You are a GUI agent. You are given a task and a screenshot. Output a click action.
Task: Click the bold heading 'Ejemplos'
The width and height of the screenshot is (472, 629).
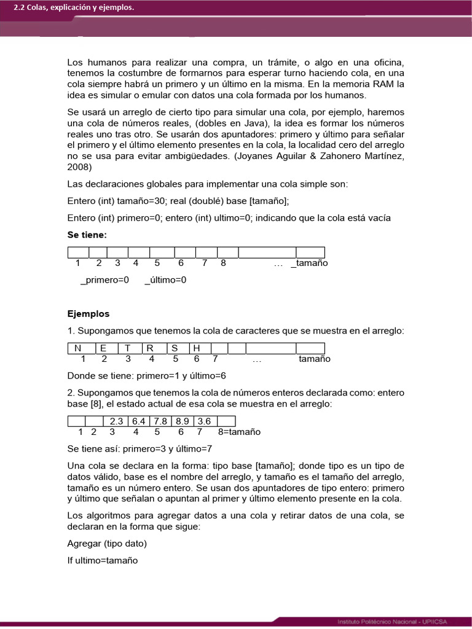[x=88, y=314]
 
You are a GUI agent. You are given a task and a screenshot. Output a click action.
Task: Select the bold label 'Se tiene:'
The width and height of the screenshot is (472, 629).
[x=87, y=235]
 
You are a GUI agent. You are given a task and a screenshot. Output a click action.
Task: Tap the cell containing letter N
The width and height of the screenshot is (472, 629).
[x=78, y=348]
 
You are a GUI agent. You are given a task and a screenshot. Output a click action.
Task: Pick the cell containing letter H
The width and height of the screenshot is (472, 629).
[x=197, y=348]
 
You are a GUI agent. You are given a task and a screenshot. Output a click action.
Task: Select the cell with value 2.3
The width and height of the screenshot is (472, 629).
[x=117, y=421]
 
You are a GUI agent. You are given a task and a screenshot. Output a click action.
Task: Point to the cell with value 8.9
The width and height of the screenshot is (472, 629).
[x=182, y=421]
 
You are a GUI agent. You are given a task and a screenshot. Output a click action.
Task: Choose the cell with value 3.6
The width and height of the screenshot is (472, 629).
[x=205, y=421]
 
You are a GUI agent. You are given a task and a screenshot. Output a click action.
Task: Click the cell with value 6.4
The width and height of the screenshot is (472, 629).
[x=139, y=421]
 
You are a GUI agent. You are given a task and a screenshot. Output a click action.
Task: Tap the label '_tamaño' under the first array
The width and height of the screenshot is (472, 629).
[x=309, y=263]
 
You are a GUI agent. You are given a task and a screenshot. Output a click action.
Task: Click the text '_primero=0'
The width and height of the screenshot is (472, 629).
[x=104, y=280]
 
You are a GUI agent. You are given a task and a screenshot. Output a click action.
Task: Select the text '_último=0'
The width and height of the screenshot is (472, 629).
[x=165, y=280]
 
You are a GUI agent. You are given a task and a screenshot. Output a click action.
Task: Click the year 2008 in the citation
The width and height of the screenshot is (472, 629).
[x=79, y=167]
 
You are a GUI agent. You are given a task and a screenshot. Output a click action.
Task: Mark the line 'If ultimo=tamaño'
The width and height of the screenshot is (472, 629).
[x=103, y=560]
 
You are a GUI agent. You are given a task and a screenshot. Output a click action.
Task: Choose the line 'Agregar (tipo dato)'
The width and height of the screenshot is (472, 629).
[x=107, y=544]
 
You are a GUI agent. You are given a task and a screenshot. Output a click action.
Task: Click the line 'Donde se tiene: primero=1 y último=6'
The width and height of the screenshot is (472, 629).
[x=146, y=376]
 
